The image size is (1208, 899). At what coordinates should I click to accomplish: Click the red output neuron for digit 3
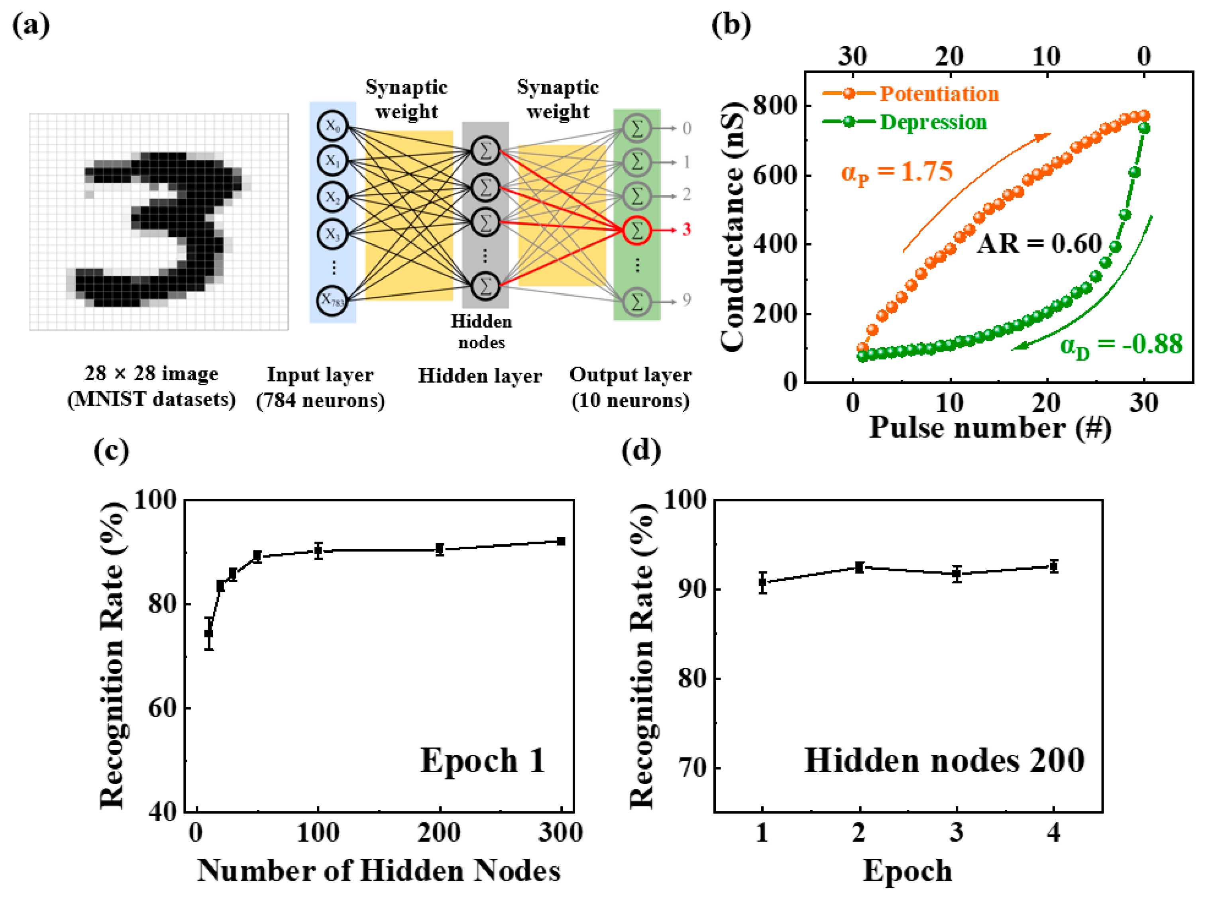pyautogui.click(x=636, y=231)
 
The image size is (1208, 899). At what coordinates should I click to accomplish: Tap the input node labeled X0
pyautogui.click(x=332, y=126)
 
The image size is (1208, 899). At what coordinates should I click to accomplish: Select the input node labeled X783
pyautogui.click(x=332, y=300)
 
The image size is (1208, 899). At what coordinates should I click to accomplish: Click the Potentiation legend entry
pyautogui.click(x=939, y=94)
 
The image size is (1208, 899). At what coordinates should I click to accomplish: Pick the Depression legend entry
pyautogui.click(x=933, y=122)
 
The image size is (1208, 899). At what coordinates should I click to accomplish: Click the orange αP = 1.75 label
pyautogui.click(x=897, y=172)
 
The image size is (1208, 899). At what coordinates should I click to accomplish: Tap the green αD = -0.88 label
pyautogui.click(x=1121, y=345)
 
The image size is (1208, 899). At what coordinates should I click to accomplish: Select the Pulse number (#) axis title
pyautogui.click(x=989, y=428)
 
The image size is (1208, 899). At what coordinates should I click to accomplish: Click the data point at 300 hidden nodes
pyautogui.click(x=561, y=541)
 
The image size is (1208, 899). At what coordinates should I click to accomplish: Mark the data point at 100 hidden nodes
pyautogui.click(x=318, y=551)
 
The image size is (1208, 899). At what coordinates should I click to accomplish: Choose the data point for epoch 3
pyautogui.click(x=957, y=573)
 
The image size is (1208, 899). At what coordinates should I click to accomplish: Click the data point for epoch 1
pyautogui.click(x=762, y=582)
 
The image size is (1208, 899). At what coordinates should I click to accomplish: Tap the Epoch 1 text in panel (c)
pyautogui.click(x=482, y=760)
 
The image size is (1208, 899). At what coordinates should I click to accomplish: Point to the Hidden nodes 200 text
pyautogui.click(x=944, y=760)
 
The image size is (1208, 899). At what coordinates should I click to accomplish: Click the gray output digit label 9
pyautogui.click(x=687, y=300)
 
